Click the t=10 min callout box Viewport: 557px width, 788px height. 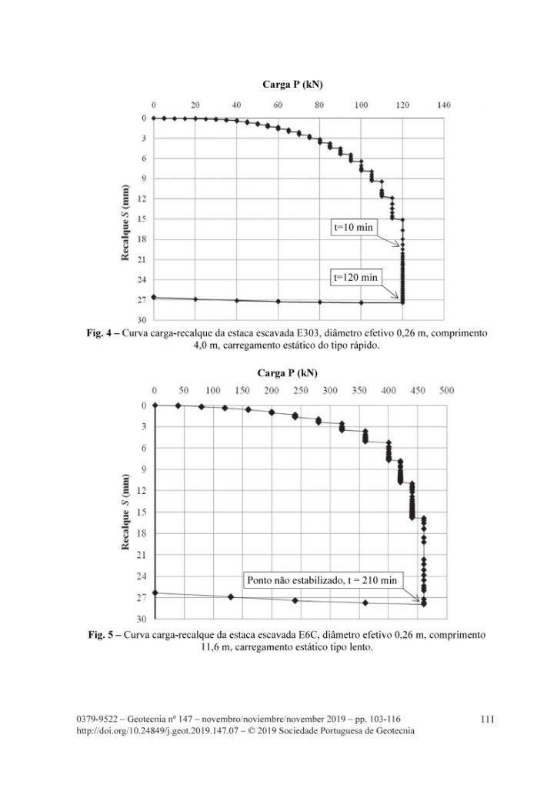(354, 227)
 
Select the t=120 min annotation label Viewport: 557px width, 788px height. (355, 277)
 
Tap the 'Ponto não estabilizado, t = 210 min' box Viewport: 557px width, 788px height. (322, 580)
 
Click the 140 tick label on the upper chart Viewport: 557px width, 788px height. (443, 105)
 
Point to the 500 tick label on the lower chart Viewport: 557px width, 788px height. (446, 390)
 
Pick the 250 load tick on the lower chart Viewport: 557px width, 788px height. (301, 390)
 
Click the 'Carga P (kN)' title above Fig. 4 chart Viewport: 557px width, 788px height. (292, 85)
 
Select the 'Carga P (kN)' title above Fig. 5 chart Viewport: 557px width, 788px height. (287, 373)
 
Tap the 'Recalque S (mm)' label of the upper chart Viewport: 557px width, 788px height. (125, 222)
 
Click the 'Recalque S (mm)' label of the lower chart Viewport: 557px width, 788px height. (125, 512)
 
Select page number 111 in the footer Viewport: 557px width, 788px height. (487, 720)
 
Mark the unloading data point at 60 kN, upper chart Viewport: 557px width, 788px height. (278, 302)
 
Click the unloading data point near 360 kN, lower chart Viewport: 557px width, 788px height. (365, 603)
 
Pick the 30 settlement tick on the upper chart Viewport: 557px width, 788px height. (142, 320)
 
